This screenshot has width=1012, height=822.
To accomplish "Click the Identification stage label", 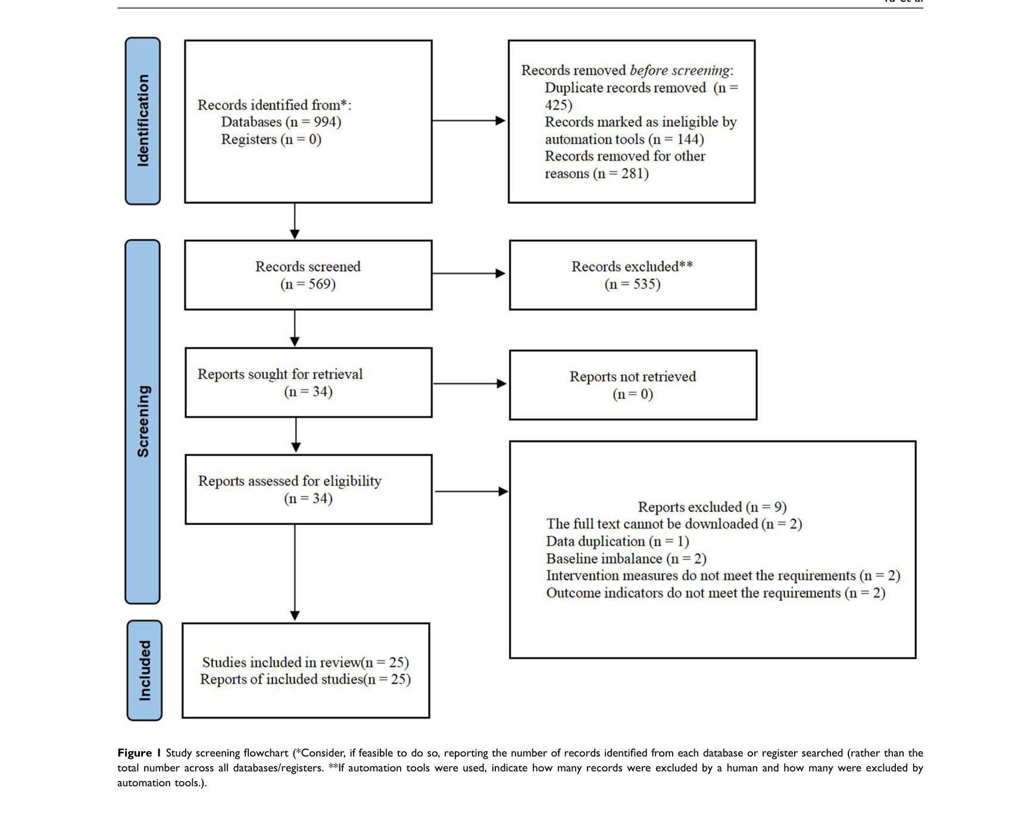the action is pyautogui.click(x=143, y=121).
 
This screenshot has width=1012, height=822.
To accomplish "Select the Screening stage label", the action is pyautogui.click(x=143, y=421).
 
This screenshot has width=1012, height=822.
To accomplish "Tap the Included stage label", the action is pyautogui.click(x=145, y=670).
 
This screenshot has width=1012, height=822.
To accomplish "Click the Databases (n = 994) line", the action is pyautogui.click(x=281, y=122).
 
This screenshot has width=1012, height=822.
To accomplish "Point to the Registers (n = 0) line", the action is pyautogui.click(x=271, y=139).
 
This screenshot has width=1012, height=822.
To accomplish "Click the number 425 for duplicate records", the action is pyautogui.click(x=558, y=105).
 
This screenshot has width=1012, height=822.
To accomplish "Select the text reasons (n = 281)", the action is pyautogui.click(x=596, y=174).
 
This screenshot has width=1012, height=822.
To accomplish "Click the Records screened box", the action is pyautogui.click(x=308, y=275).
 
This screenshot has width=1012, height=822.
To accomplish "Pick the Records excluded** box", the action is pyautogui.click(x=633, y=275).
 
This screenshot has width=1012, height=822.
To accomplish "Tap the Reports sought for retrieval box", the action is pyautogui.click(x=308, y=383).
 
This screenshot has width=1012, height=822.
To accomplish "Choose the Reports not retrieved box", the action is pyautogui.click(x=633, y=385).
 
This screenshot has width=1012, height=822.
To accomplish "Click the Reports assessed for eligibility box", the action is pyautogui.click(x=308, y=489).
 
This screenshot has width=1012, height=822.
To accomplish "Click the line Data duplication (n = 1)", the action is pyautogui.click(x=617, y=542).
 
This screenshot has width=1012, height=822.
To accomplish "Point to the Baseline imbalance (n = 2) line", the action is pyautogui.click(x=626, y=559).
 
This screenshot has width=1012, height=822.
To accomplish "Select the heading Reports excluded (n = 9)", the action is pyautogui.click(x=712, y=507).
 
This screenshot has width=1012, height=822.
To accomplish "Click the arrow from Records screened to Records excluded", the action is pyautogui.click(x=468, y=274).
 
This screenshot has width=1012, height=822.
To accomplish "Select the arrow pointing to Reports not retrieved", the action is pyautogui.click(x=470, y=384).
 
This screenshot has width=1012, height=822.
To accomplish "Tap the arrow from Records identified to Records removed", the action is pyautogui.click(x=468, y=121).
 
